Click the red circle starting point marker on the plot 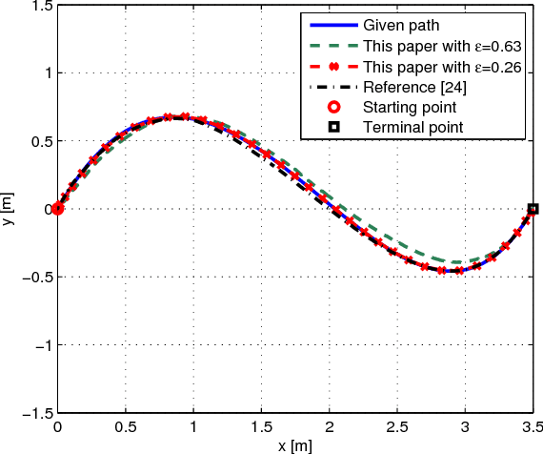[57, 208]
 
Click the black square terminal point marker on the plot [533, 208]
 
